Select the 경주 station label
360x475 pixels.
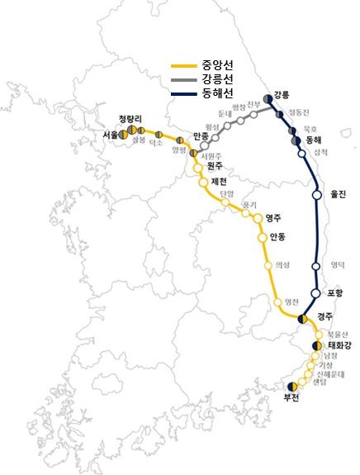click(x=324, y=316)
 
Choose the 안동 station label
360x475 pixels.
click(x=277, y=237)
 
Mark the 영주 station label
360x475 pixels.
click(x=273, y=218)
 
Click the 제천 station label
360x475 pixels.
click(x=220, y=181)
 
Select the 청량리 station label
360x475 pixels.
click(x=130, y=118)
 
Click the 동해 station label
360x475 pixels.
click(x=314, y=141)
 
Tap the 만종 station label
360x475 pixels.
click(x=201, y=135)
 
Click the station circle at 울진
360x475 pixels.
click(x=316, y=195)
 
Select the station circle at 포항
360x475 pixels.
click(x=315, y=293)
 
